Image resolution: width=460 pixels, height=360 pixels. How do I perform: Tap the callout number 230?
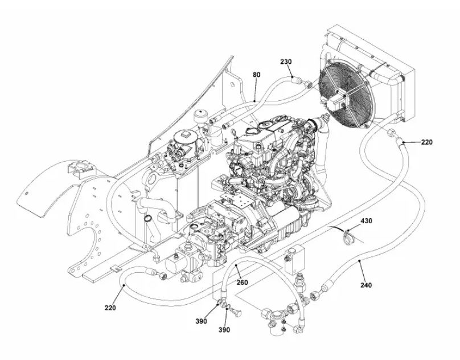click(285, 62)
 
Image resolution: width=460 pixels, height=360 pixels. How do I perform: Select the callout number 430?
click(366, 220)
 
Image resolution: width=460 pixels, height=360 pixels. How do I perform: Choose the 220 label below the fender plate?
click(110, 308)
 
